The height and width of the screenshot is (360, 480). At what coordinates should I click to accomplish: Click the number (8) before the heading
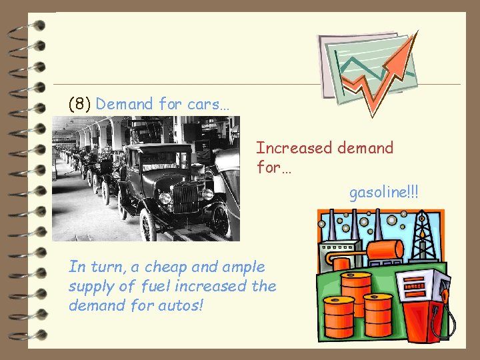pyautogui.click(x=80, y=104)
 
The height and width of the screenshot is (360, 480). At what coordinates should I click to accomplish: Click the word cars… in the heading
pyautogui.click(x=206, y=104)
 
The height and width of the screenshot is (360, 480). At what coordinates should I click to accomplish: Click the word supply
pyautogui.click(x=92, y=286)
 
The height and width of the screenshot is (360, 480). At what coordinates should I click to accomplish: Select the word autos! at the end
pyautogui.click(x=181, y=305)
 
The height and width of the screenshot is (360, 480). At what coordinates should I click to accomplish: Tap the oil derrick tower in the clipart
pyautogui.click(x=423, y=237)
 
